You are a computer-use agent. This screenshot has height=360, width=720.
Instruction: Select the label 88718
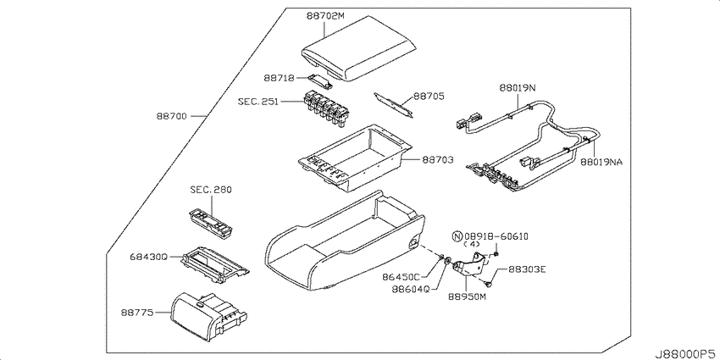click(280, 78)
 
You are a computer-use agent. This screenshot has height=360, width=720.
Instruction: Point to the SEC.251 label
click(258, 101)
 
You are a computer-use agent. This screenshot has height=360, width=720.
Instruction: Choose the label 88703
click(438, 160)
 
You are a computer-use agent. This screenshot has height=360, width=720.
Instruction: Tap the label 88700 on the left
click(170, 116)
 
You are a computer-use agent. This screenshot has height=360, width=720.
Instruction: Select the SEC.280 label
click(211, 189)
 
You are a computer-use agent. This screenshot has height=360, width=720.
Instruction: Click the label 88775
click(137, 313)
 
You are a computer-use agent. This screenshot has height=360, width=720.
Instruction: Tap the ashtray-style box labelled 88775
click(208, 313)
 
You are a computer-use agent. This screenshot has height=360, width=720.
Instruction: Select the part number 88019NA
click(601, 162)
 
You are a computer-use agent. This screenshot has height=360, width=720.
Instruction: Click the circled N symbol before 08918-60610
click(457, 236)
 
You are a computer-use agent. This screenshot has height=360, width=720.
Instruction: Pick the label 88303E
click(527, 269)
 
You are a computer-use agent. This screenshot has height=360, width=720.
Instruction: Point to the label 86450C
click(402, 277)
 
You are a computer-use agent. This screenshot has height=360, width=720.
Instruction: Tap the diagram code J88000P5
click(686, 353)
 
